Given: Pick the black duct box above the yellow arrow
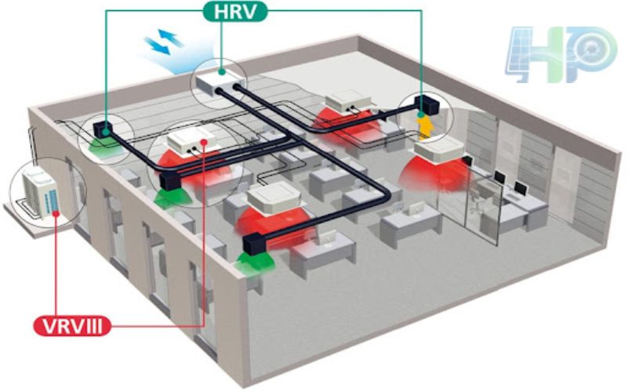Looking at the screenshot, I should tap(426, 105).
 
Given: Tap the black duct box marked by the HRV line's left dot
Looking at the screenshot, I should tap(103, 128).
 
